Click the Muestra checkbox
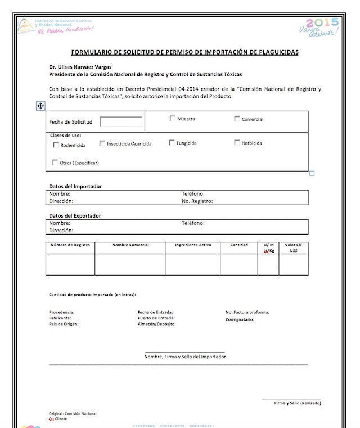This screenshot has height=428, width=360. click(x=173, y=119)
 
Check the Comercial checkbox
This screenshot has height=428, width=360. click(x=237, y=119)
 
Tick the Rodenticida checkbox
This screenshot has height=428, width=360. click(x=56, y=145)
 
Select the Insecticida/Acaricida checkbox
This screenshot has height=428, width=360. click(x=102, y=143)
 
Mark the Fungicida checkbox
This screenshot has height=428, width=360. click(x=172, y=143)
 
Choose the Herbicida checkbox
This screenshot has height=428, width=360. click(x=237, y=143)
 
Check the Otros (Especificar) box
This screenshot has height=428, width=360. click(x=55, y=163)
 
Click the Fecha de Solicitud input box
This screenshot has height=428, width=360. click(x=121, y=122)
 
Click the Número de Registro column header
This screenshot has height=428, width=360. click(x=70, y=245)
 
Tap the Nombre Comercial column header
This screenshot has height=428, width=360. click(x=130, y=245)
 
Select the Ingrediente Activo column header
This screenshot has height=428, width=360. click(x=193, y=245)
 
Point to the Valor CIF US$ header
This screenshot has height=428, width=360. click(x=293, y=247)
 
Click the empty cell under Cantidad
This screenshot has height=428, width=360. click(x=238, y=264)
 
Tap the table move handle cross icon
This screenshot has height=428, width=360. click(x=40, y=106)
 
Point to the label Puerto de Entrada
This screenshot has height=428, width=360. click(x=155, y=318)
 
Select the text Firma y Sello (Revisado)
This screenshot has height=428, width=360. click(x=298, y=403)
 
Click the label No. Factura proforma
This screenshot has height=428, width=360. click(x=247, y=312)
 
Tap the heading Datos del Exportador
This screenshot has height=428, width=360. click(x=75, y=216)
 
